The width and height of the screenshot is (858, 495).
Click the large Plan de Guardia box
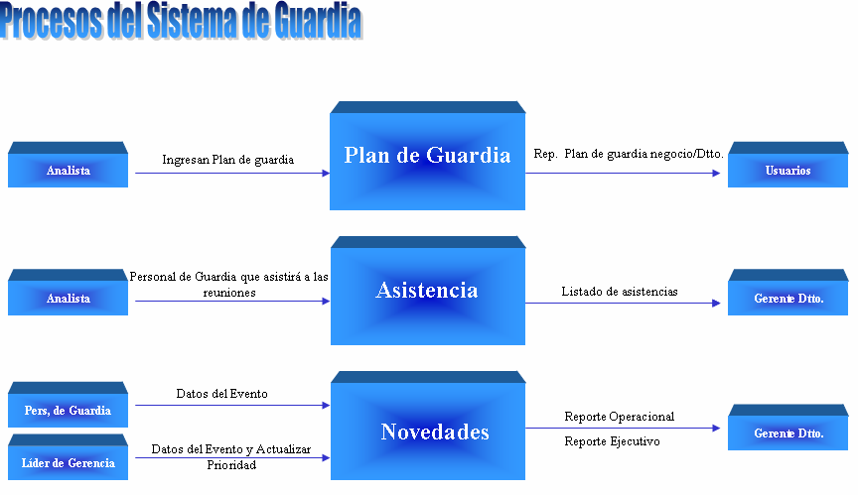[x=427, y=156]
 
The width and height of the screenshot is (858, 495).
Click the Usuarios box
[x=787, y=171]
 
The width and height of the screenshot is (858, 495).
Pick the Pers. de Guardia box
[x=68, y=410]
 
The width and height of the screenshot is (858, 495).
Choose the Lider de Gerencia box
[x=68, y=462]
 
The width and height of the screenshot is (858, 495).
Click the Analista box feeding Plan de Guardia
[x=68, y=171]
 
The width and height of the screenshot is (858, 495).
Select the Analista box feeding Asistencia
[x=68, y=298]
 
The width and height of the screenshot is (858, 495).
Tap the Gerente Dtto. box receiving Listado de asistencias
[x=787, y=299]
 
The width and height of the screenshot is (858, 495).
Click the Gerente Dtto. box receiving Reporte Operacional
[x=787, y=433]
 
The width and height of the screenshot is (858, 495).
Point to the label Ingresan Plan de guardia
[x=227, y=159]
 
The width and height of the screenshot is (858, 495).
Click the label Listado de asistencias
[x=620, y=292]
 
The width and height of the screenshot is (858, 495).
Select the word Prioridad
[x=231, y=464]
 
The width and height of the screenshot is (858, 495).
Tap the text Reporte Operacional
[x=619, y=417]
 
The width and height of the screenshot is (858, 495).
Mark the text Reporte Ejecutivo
[x=612, y=441]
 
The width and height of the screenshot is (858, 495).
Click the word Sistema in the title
[x=190, y=21]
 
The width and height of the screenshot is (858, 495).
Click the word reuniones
[x=227, y=293]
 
